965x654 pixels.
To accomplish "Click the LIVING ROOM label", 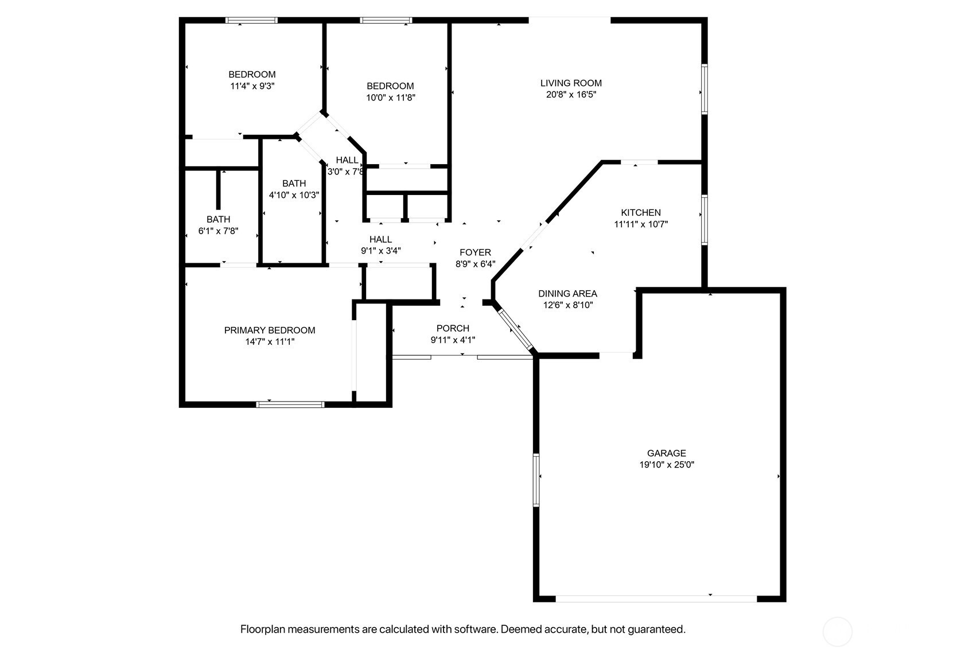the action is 571,83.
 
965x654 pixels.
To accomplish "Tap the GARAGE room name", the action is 667,453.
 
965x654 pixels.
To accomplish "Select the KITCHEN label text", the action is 641,213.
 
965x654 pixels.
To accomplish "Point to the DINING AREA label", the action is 568,294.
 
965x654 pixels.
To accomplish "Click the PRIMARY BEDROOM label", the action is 270,330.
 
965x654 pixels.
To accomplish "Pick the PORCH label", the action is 453,328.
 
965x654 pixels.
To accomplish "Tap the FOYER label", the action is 475,252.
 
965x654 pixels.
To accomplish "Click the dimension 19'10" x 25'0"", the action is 667,465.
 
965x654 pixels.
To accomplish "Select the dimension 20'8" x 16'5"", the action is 571,95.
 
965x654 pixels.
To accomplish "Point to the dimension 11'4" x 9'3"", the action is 252,86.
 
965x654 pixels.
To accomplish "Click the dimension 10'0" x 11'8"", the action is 391,98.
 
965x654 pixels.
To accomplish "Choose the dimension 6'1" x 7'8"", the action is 219,231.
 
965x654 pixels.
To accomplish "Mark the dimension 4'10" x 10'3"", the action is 294,195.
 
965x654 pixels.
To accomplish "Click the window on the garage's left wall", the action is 536,480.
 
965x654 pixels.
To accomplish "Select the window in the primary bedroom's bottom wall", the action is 290,404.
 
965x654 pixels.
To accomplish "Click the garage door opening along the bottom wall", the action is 656,599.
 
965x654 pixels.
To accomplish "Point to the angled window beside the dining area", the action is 516,330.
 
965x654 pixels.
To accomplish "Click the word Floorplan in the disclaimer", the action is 263,630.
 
